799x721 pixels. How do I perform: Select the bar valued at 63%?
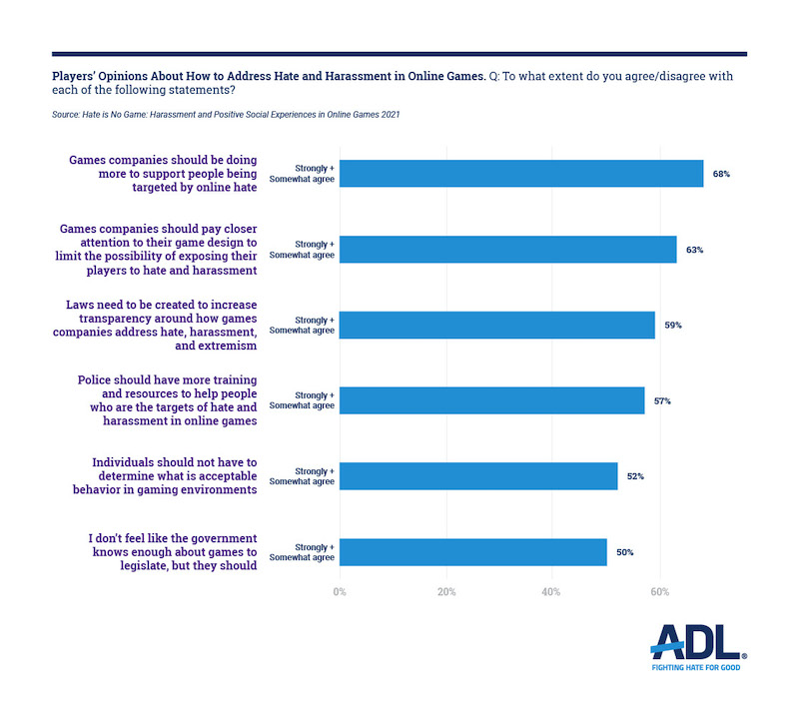click(507, 250)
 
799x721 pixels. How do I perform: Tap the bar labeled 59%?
click(497, 326)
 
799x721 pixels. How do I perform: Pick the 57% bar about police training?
click(491, 400)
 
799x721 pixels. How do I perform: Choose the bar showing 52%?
click(478, 476)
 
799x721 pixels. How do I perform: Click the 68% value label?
click(721, 174)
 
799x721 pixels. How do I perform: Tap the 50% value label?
click(624, 552)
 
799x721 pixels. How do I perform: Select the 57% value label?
click(662, 400)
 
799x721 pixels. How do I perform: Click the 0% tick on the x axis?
click(340, 592)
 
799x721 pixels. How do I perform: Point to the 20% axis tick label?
click(446, 592)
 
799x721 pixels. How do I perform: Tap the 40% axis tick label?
click(552, 592)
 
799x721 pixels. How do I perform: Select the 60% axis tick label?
click(659, 592)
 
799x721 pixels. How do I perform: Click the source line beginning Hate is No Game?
click(227, 115)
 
